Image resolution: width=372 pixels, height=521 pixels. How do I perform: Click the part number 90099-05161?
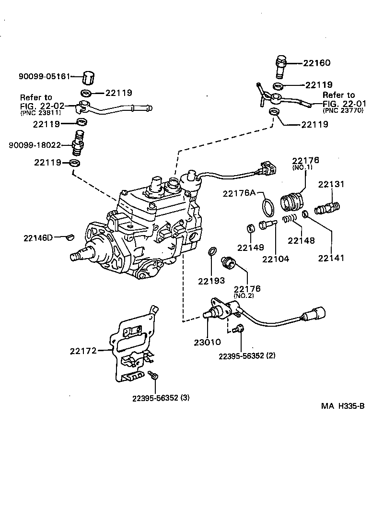tap(45, 76)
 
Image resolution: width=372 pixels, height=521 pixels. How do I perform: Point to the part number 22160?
tap(316, 63)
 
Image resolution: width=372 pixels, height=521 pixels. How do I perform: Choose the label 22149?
tap(251, 248)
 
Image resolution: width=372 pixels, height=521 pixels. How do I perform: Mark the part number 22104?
tap(276, 259)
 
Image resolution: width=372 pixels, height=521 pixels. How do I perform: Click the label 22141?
tap(331, 258)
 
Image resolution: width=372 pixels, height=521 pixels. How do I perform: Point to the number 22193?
tap(211, 281)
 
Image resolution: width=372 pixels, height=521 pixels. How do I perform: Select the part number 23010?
tap(207, 342)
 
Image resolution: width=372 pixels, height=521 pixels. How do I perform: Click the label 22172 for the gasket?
tap(83, 351)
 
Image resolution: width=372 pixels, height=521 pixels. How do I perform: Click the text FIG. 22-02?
tap(42, 106)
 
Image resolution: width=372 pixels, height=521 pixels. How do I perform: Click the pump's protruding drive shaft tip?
tap(74, 257)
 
